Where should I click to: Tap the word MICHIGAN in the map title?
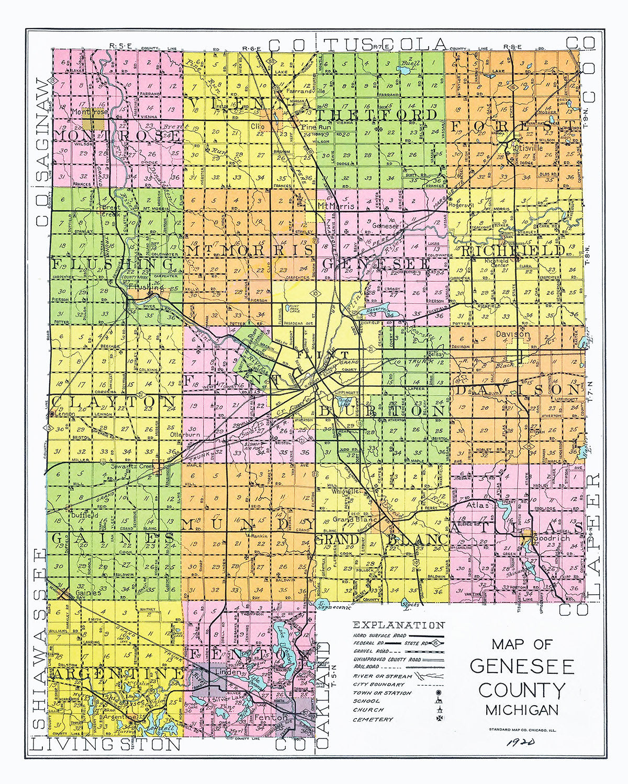(x=521, y=710)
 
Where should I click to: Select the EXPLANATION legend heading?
(x=399, y=625)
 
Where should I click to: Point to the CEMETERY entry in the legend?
(x=373, y=719)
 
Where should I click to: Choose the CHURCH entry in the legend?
(x=368, y=710)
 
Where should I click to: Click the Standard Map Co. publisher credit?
(x=521, y=730)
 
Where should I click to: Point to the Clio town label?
(x=257, y=126)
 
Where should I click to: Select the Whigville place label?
(x=347, y=491)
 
